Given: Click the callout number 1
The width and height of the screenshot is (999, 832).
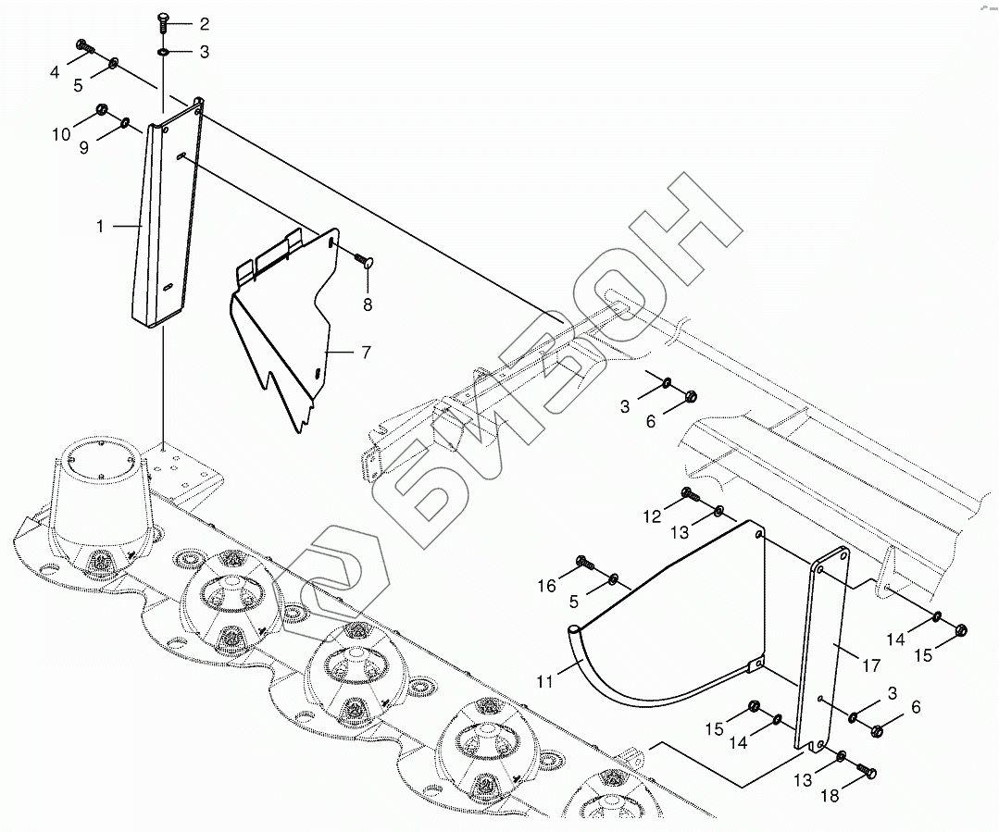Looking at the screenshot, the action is (100, 226).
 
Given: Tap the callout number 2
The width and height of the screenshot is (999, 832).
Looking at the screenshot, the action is (204, 24).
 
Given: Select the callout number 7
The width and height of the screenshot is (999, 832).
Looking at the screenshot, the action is (366, 353).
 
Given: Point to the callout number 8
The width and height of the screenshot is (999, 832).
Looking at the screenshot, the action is (368, 305).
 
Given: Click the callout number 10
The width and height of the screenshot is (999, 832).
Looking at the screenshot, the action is (61, 134).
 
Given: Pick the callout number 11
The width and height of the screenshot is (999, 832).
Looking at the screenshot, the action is (544, 682).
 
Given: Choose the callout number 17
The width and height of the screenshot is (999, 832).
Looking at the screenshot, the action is (871, 665).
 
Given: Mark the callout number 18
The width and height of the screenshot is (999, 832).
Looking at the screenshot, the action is (830, 796).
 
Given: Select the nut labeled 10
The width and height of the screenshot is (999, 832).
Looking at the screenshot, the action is (101, 109).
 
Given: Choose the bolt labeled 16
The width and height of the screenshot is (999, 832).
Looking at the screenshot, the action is (585, 563).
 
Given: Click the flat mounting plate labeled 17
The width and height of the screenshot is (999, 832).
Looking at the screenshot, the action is (821, 650).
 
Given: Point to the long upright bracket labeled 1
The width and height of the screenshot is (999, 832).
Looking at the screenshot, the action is (167, 214).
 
